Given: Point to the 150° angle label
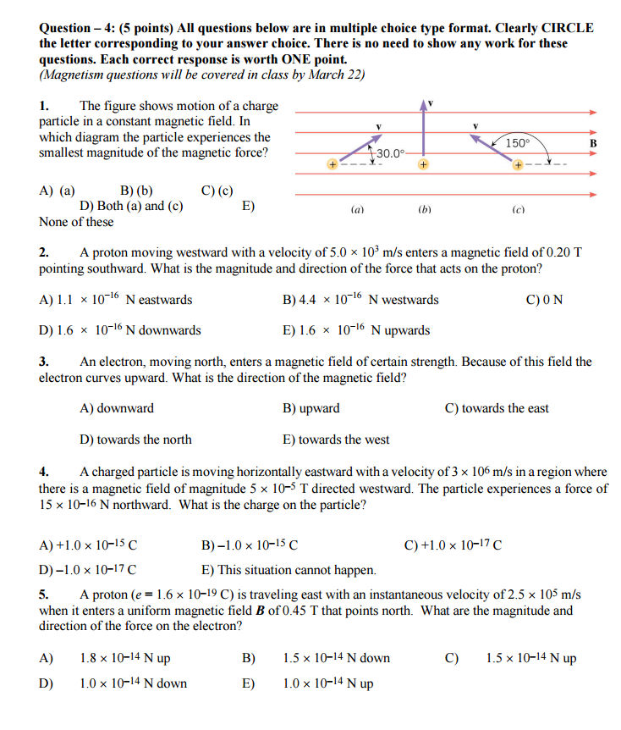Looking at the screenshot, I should point(518,143).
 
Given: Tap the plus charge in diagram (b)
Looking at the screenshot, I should point(421,164).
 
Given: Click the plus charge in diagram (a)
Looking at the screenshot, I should point(335,164).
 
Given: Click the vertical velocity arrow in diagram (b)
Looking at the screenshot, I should point(422,131).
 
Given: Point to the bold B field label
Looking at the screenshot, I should point(593,143).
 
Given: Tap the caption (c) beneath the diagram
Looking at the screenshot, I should point(517,207).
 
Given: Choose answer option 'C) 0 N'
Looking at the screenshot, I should point(544,300).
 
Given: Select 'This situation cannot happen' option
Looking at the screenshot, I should point(289,570).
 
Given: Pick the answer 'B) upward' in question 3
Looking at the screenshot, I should point(310,408).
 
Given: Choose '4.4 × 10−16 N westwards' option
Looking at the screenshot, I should point(360,300).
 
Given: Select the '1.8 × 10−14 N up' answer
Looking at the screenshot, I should point(124,658).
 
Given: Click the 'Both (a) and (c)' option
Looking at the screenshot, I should point(131,206).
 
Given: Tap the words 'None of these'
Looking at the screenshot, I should point(76,222).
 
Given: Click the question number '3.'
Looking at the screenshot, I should point(46,362).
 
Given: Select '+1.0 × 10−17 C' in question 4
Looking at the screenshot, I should point(453,545).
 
